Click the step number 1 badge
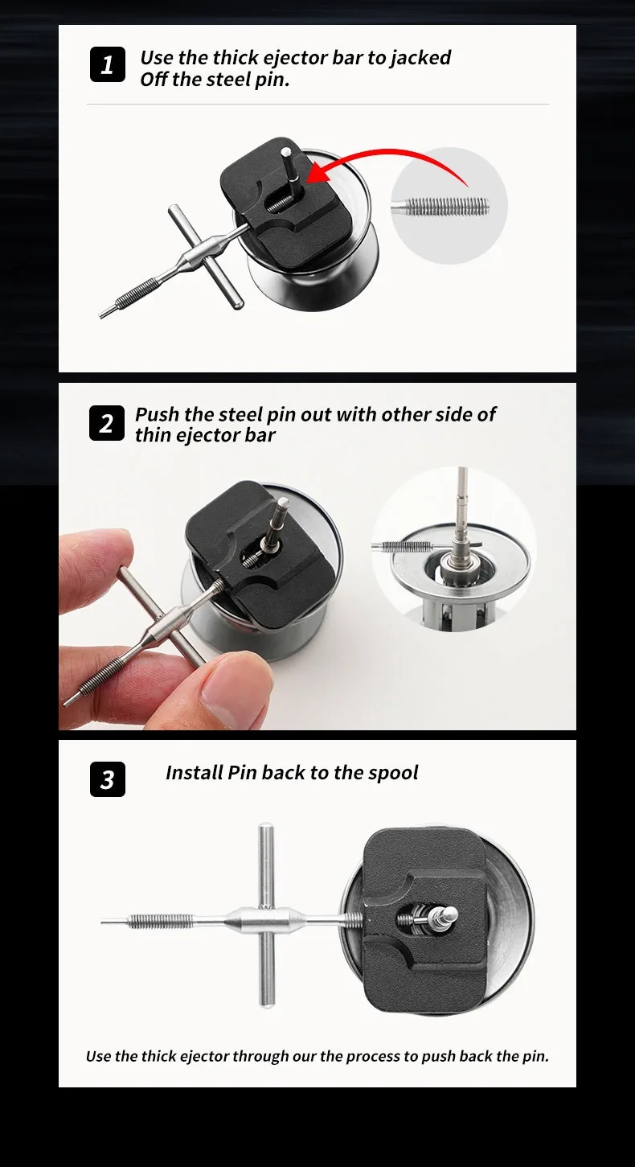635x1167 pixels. (x=107, y=64)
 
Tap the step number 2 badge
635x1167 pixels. (x=107, y=423)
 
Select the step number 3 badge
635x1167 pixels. (x=107, y=779)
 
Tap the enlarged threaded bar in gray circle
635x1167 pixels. (x=440, y=207)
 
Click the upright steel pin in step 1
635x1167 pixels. (x=289, y=171)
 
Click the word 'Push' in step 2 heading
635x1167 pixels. (x=158, y=415)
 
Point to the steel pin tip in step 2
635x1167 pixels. (x=284, y=503)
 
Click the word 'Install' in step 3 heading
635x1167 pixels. (x=195, y=773)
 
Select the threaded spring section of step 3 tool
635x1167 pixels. (x=160, y=922)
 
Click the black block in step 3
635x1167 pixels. (x=424, y=919)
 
